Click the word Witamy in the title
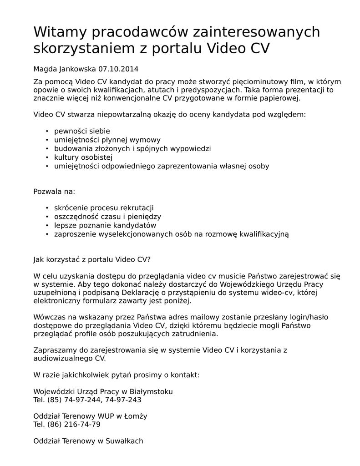60,33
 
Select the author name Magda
45,69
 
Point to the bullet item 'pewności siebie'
82,131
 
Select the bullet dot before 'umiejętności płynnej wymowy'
47,140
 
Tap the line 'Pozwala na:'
54,191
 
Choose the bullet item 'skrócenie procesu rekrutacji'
104,208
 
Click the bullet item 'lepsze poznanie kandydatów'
105,225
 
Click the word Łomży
137,416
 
